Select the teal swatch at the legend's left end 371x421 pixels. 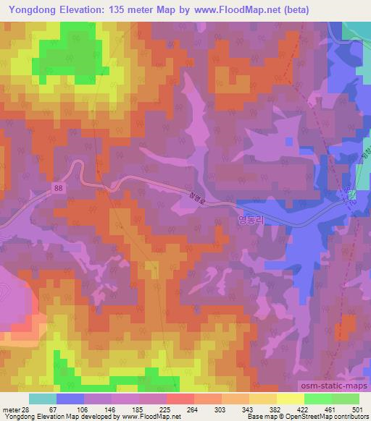pos(42,399)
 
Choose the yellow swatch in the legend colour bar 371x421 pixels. pos(290,399)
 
